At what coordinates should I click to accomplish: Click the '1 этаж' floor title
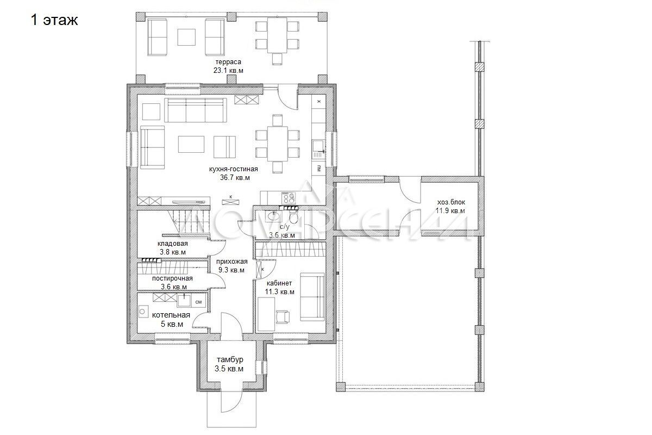tap(54, 20)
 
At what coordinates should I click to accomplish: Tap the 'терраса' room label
tap(228, 62)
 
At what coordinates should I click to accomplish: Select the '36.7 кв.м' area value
tap(235, 177)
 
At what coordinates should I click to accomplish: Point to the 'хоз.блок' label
tap(451, 202)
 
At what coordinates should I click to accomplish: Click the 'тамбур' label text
tap(230, 359)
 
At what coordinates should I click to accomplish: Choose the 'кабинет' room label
tap(279, 283)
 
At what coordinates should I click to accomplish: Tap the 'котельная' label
tap(171, 315)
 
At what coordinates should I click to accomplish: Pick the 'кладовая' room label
tap(173, 243)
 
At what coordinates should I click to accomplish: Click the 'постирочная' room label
tap(172, 278)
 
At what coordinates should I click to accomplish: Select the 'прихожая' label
tap(231, 262)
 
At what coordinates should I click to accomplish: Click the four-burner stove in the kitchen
tap(288, 198)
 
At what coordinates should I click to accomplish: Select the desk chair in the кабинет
tap(283, 316)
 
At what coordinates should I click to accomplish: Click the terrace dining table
tap(277, 35)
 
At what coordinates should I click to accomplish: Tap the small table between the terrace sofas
tap(186, 37)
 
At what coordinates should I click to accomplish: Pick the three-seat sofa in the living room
tap(195, 110)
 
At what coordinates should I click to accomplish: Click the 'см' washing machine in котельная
tap(198, 302)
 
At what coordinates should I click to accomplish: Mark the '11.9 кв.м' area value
tap(450, 210)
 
